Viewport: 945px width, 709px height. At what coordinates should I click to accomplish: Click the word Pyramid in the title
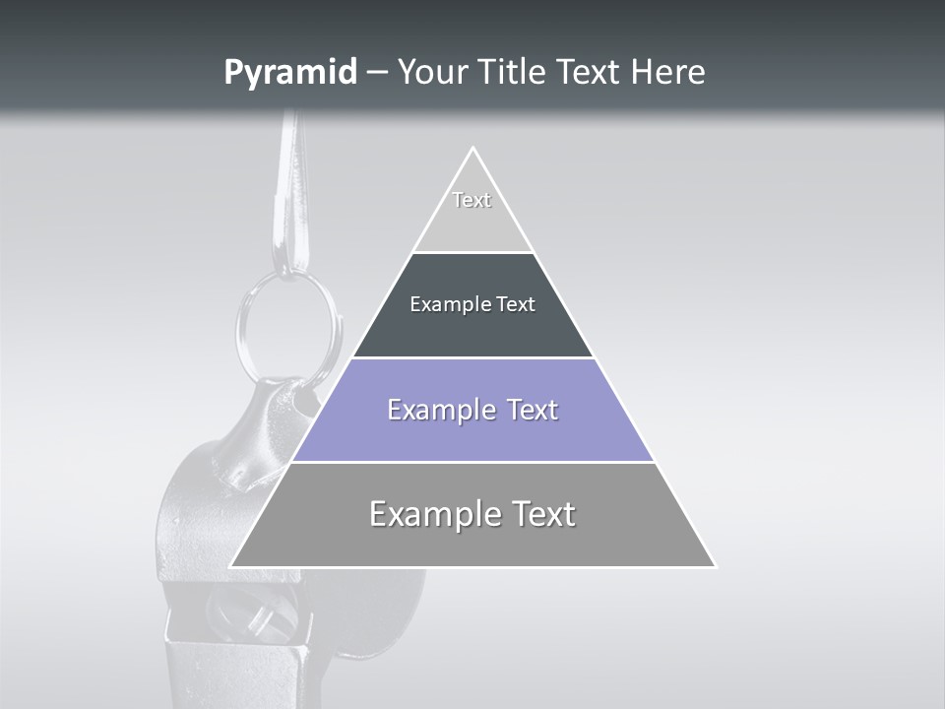click(290, 73)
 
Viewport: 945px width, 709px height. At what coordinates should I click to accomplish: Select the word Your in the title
click(430, 73)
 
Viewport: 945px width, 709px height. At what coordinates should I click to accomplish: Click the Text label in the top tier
click(472, 200)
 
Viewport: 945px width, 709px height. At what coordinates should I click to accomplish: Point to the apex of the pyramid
click(473, 149)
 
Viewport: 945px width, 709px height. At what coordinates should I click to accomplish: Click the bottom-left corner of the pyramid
click(231, 566)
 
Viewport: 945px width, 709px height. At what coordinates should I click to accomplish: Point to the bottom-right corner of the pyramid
click(715, 566)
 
